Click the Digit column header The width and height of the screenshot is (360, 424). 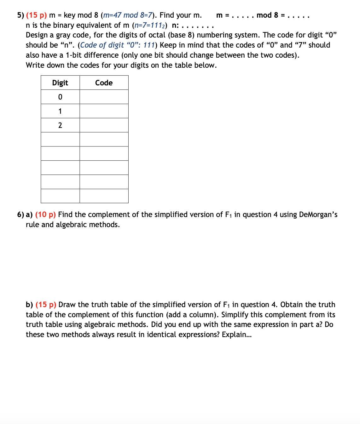pyautogui.click(x=60, y=83)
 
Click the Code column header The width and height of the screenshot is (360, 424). pyautogui.click(x=104, y=83)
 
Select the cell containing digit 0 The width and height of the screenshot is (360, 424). pyautogui.click(x=60, y=97)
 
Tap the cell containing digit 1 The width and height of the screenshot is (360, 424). pyautogui.click(x=60, y=111)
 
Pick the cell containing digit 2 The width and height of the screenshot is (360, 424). pyautogui.click(x=60, y=125)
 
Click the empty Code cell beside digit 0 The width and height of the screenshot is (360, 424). pyautogui.click(x=104, y=97)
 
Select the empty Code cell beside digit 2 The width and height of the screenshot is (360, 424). pyautogui.click(x=104, y=125)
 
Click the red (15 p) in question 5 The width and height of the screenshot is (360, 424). pyautogui.click(x=36, y=15)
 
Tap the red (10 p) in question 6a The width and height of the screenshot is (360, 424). pyautogui.click(x=45, y=215)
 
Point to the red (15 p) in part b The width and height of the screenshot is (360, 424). pyautogui.click(x=46, y=305)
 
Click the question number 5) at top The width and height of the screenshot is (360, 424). pyautogui.click(x=20, y=15)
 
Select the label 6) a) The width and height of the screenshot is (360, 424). pyautogui.click(x=25, y=215)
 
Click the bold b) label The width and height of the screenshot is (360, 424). pyautogui.click(x=29, y=305)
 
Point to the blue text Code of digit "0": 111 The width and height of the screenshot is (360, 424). pyautogui.click(x=117, y=45)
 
